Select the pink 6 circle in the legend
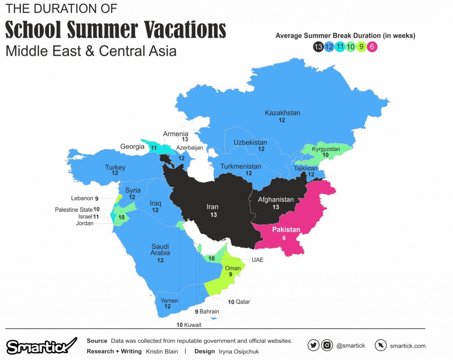click(x=373, y=46)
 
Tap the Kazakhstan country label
click(x=282, y=113)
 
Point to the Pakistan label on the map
click(x=286, y=230)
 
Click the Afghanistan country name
click(x=276, y=199)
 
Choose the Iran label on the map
click(x=212, y=207)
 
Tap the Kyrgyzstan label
click(x=326, y=149)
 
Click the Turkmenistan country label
click(x=241, y=167)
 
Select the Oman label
click(x=233, y=268)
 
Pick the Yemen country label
click(x=169, y=301)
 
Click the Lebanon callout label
click(x=82, y=199)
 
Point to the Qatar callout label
click(x=242, y=302)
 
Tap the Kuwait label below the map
click(x=192, y=325)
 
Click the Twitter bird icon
click(x=313, y=345)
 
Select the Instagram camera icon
click(x=326, y=345)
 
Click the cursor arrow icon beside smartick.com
click(x=380, y=345)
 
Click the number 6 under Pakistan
click(x=284, y=238)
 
